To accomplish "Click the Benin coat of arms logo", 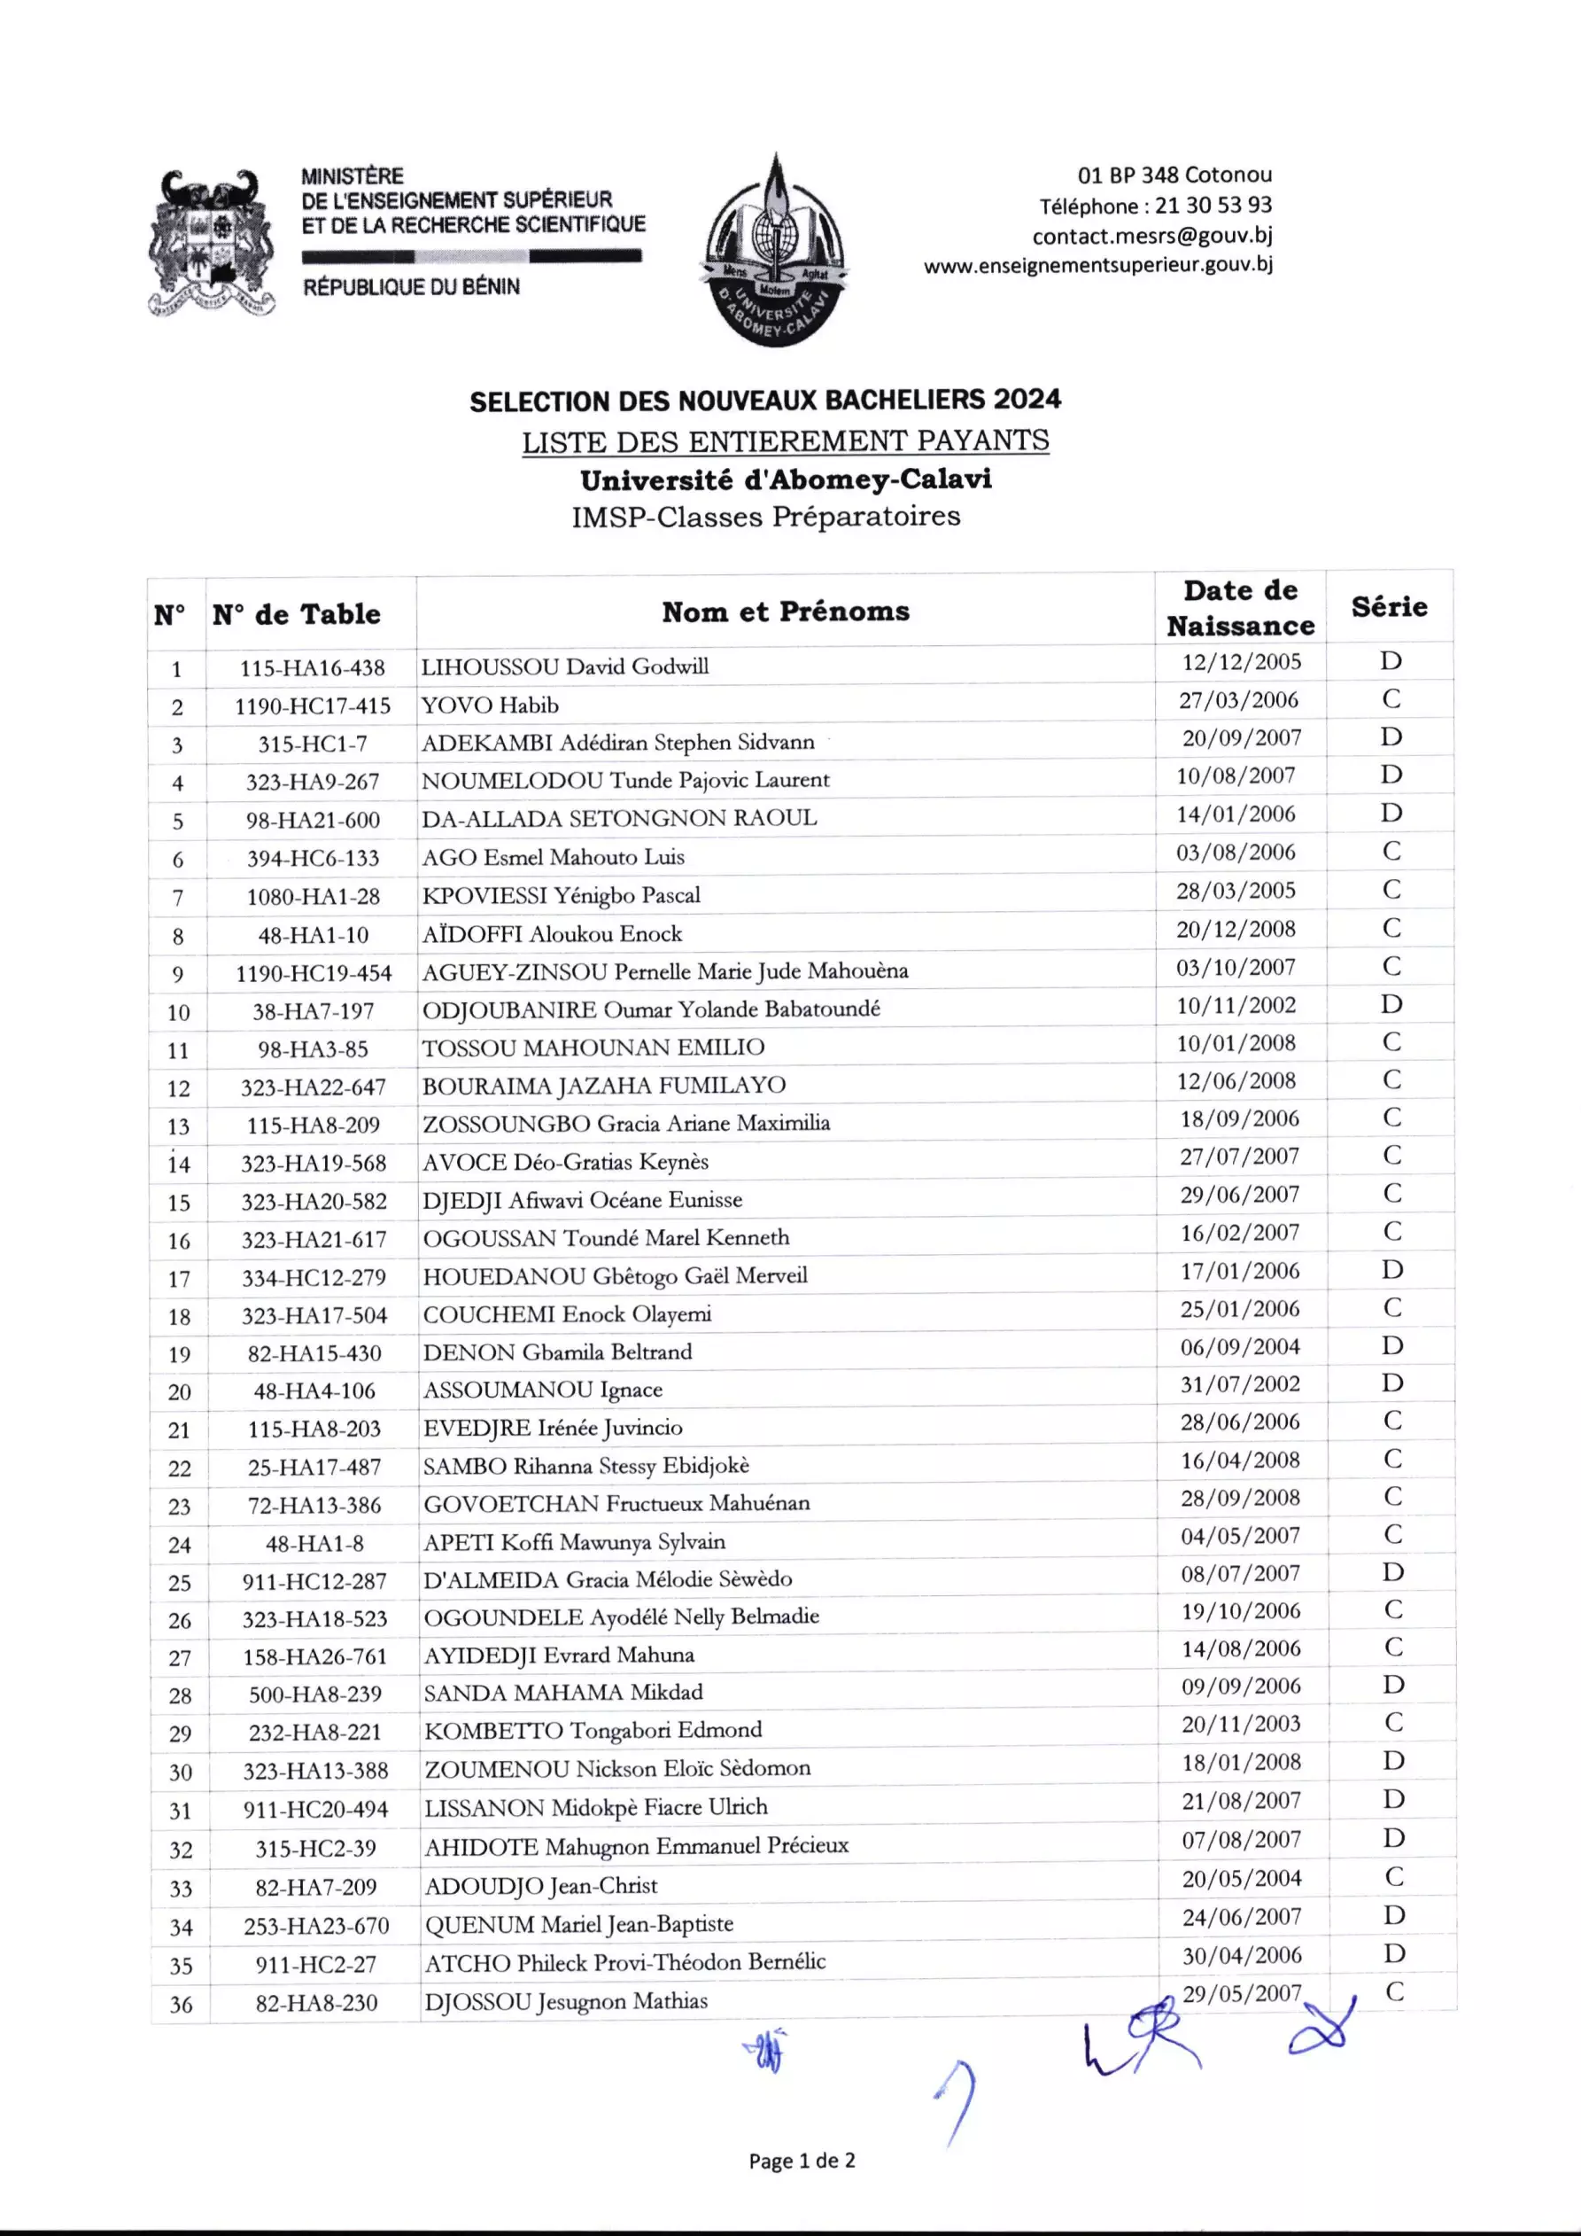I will tap(212, 243).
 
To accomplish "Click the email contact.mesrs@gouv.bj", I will tap(1151, 236).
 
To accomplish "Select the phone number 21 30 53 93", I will tap(1213, 206).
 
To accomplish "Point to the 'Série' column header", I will tap(1389, 607).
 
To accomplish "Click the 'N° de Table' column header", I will tap(297, 614).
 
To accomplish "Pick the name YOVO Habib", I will tap(490, 705).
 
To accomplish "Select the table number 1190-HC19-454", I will tap(314, 973).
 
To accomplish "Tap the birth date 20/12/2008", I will tap(1236, 929).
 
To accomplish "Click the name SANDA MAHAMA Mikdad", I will tap(562, 1693).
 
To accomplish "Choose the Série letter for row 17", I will tap(1392, 1270).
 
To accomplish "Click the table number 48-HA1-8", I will tap(314, 1544).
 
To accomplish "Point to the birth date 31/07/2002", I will tap(1239, 1383).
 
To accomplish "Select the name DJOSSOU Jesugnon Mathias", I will tap(566, 2002).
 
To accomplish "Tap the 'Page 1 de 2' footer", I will tap(802, 2161).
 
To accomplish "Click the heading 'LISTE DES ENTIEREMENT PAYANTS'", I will tap(785, 442).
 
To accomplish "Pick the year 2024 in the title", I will tap(1027, 400).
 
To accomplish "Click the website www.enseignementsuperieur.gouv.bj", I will tap(1097, 265).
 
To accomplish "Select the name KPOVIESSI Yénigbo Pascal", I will tap(561, 896).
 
